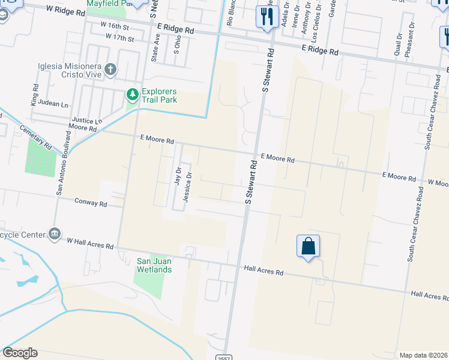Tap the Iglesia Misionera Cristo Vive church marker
pyautogui.click(x=110, y=69)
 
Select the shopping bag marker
pyautogui.click(x=308, y=246)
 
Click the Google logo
pyautogui.click(x=20, y=353)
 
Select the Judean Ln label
pyautogui.click(x=53, y=103)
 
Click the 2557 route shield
pyautogui.click(x=223, y=356)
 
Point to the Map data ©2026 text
pyautogui.click(x=423, y=355)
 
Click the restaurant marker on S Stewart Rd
pyautogui.click(x=265, y=16)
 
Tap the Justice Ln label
pyautogui.click(x=87, y=121)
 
